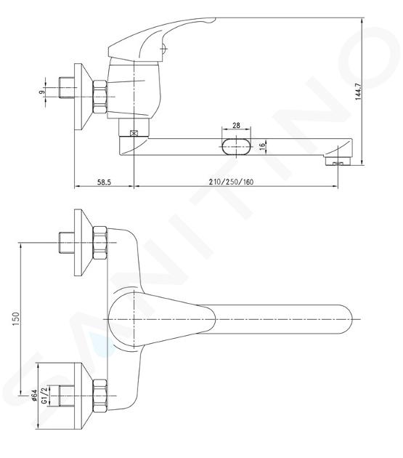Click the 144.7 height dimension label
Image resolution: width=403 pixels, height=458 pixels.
pos(359,92)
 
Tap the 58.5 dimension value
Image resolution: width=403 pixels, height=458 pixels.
pos(104,182)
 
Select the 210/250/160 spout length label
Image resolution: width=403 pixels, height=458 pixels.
pos(231,182)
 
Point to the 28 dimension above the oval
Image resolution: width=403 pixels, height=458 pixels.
pos(236,125)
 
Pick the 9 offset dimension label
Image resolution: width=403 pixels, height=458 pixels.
pos(42,92)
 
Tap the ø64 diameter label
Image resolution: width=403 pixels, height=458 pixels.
pos(34,395)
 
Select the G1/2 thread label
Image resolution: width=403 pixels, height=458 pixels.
pos(44,395)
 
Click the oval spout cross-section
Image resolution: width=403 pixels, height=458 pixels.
pos(236,145)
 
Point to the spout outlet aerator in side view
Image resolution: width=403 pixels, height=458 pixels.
pos(338,161)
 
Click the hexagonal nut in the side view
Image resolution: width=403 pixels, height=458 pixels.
pos(99,97)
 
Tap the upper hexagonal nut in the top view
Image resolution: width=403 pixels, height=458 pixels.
pos(99,243)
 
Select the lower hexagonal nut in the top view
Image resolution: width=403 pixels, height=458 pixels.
pos(99,395)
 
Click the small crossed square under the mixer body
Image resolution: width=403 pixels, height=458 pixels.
pos(134,133)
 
